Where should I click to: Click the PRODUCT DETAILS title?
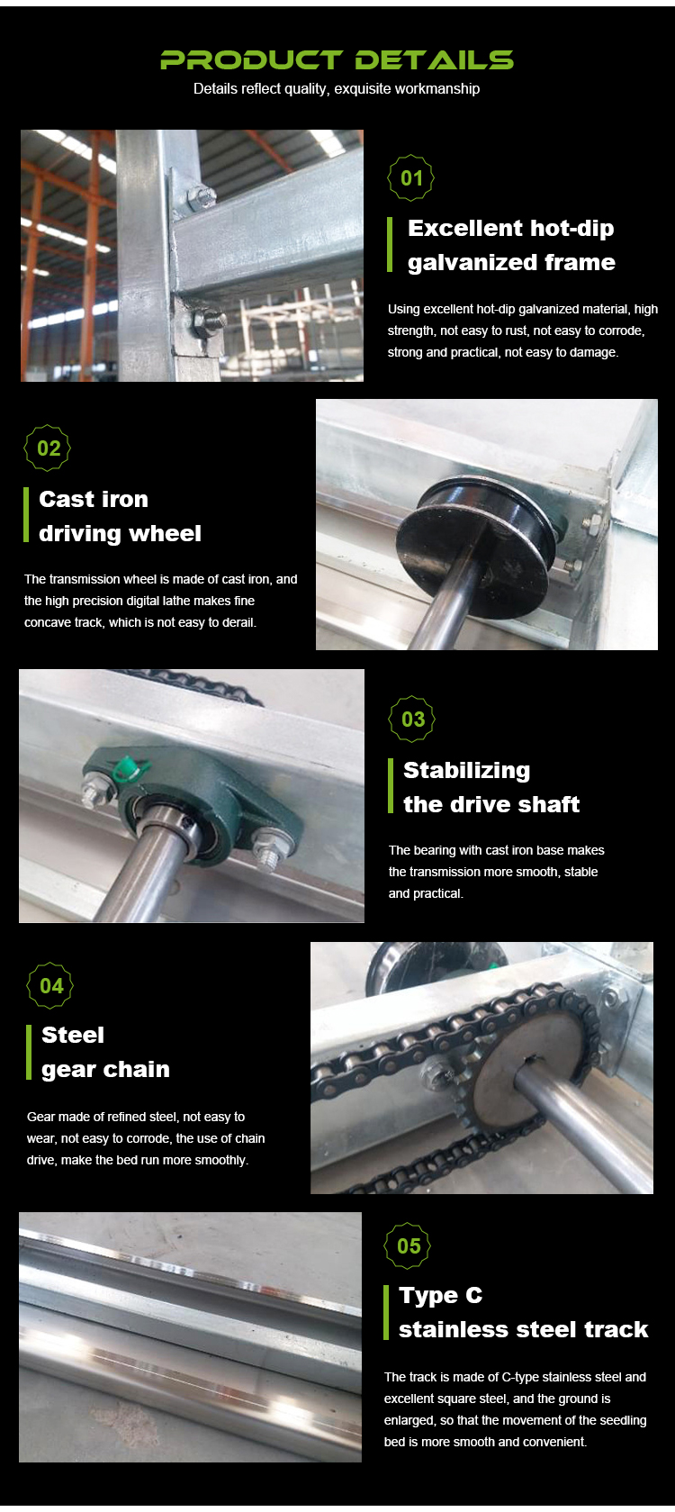(337, 60)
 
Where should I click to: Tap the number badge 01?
(410, 178)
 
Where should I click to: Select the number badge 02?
(48, 448)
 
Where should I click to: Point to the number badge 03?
(412, 720)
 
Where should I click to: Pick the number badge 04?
(50, 986)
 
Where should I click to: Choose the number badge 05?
(408, 1246)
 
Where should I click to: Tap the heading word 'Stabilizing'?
(466, 771)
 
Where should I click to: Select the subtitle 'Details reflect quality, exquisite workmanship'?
(337, 88)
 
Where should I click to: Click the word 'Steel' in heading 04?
(73, 1035)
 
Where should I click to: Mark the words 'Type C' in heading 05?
(440, 1296)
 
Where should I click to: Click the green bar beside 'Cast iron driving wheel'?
(26, 514)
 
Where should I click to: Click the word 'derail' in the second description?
(238, 622)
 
